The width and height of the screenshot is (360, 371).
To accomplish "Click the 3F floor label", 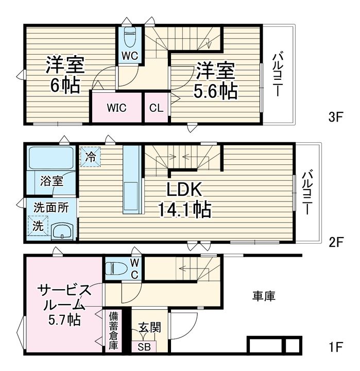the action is (336, 117).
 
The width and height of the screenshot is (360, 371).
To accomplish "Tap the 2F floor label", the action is (336, 242).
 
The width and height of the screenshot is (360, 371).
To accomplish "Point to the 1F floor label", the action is (336, 347).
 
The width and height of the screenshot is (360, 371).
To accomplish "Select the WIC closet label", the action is (116, 108).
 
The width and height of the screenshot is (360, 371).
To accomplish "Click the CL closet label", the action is (156, 108).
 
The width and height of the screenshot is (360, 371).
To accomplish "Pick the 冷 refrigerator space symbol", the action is (90, 157).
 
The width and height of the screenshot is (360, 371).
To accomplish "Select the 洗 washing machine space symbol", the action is (38, 226).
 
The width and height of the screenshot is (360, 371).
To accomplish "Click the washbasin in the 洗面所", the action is (62, 231).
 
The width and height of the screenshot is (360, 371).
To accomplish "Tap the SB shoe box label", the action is (144, 347).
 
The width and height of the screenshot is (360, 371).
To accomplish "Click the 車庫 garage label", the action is (264, 296).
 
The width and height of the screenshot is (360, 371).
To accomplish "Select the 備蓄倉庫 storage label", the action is (113, 331).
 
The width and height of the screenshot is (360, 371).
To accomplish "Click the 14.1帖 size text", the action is (184, 209).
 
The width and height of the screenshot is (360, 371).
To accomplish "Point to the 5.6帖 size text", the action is (215, 91).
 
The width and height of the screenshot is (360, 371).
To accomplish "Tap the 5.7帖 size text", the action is (64, 320).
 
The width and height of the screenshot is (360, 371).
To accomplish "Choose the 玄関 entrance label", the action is (149, 328).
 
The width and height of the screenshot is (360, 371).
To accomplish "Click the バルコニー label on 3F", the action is (278, 75).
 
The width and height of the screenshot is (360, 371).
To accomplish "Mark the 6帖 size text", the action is (65, 86).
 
